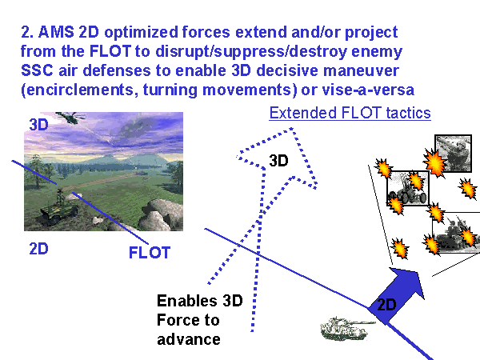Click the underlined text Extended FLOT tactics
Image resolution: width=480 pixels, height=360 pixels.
(350, 113)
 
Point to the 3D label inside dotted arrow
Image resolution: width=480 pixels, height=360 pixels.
(278, 160)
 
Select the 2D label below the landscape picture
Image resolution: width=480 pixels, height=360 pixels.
(38, 248)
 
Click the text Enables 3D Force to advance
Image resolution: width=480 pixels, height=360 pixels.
(199, 320)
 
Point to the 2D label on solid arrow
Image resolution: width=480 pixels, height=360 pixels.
(387, 305)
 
